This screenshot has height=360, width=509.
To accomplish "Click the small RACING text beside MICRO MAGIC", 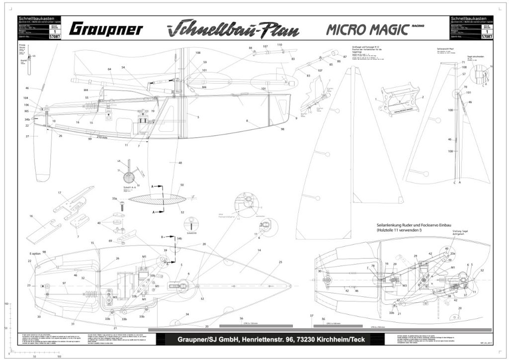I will pos(417,24).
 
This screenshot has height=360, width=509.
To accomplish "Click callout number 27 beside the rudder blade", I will pos(28,136).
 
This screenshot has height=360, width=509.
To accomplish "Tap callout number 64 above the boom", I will pos(109,69).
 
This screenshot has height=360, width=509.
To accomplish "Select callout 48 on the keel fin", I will pos(180,163).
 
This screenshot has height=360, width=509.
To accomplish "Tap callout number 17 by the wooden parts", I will pos(59,193).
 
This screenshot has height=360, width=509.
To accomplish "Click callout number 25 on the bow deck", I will pos(280,262).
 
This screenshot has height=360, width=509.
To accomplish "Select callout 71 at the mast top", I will pos(463,62).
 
